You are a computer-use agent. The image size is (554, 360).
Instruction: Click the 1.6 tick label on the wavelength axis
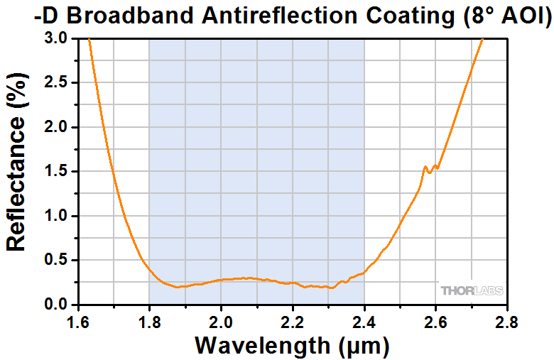click(77, 324)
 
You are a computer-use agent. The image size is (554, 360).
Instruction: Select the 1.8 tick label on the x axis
click(149, 324)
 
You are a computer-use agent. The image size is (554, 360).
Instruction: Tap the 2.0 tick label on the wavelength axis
click(221, 324)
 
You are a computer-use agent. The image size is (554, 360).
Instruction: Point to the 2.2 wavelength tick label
click(293, 324)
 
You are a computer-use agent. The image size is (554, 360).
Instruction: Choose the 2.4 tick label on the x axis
click(364, 324)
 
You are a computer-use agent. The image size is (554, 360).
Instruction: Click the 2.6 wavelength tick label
click(435, 324)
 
